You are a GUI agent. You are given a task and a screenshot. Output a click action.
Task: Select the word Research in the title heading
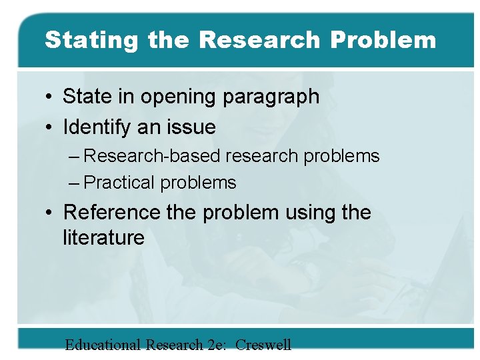[259, 40]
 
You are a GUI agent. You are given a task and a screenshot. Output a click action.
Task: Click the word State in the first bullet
[87, 97]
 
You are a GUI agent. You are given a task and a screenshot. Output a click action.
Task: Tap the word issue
[192, 127]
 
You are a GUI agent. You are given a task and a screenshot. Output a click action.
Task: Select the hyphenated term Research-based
[153, 157]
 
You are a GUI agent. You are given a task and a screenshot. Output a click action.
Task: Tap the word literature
[103, 238]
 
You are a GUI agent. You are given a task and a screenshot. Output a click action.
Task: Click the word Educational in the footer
[103, 345]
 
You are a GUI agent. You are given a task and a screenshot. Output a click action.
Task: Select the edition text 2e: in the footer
[215, 345]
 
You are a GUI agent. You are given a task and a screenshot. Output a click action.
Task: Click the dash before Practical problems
[75, 183]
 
